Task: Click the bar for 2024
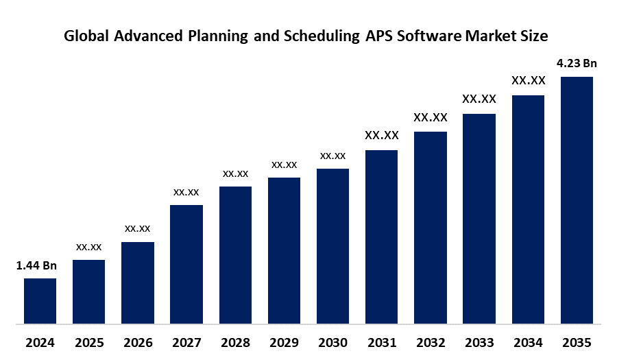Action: (40, 300)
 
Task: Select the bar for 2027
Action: (186, 264)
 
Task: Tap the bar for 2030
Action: (332, 245)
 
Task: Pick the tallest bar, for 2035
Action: (577, 200)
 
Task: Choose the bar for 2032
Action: (431, 227)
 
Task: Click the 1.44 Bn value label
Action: (36, 265)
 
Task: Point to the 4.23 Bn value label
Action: (577, 64)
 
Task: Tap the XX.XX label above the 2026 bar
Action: (137, 228)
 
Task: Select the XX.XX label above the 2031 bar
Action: (382, 136)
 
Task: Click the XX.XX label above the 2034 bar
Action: (528, 81)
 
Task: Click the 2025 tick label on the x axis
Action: (88, 342)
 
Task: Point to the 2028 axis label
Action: (235, 342)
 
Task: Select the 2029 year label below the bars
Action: (284, 342)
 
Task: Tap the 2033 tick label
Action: (479, 342)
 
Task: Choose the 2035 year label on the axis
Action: (577, 342)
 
